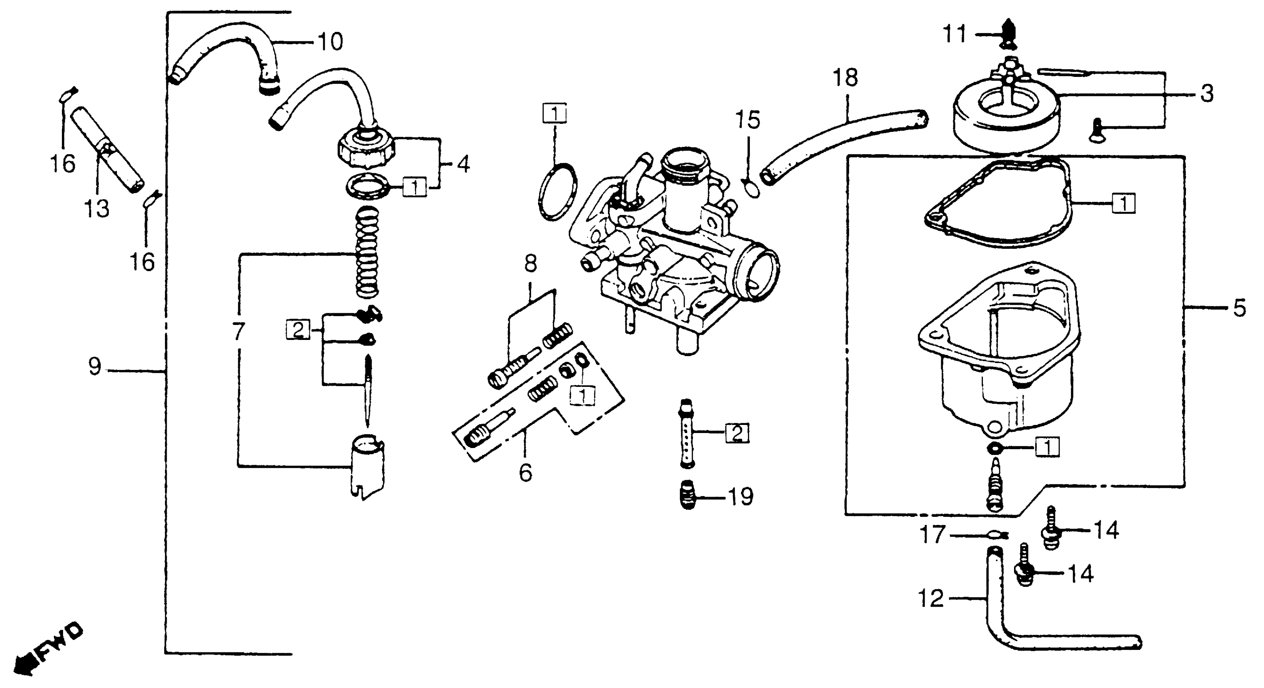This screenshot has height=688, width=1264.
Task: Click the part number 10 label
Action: [x=330, y=42]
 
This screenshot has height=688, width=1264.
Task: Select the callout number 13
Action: [x=96, y=209]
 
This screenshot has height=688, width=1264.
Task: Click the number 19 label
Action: [x=741, y=497]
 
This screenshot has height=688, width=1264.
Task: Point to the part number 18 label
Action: [x=845, y=78]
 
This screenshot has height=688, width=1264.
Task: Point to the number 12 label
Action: [x=931, y=599]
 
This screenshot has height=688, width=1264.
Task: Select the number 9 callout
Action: [x=95, y=366]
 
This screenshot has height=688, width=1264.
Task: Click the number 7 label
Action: [x=239, y=332]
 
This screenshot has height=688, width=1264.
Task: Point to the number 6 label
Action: [x=525, y=473]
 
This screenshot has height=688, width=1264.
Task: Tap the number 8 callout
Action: [x=530, y=264]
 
